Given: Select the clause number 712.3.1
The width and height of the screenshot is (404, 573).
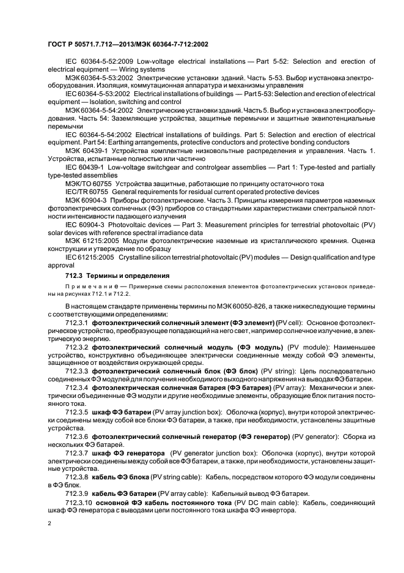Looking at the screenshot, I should point(76,322).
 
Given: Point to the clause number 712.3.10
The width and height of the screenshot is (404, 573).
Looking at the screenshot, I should point(79,502).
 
